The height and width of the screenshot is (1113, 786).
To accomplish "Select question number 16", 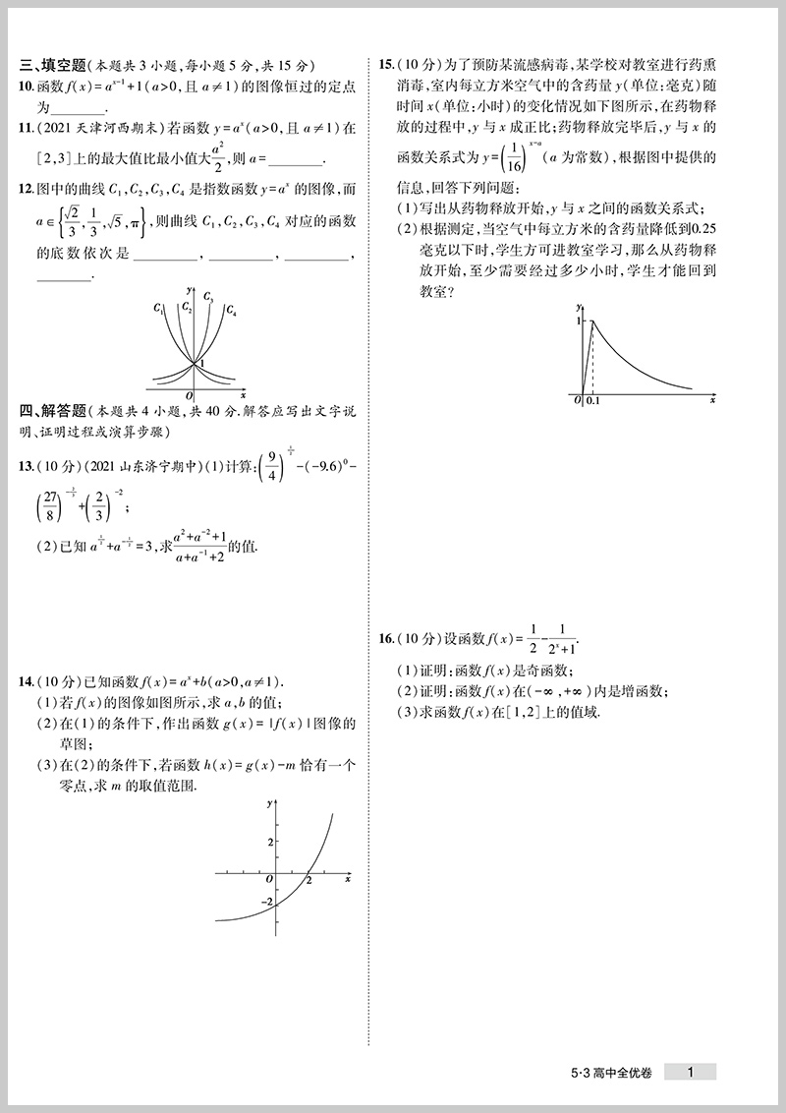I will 386,640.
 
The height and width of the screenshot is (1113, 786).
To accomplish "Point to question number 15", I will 386,66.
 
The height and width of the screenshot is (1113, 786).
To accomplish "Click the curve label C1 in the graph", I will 158,309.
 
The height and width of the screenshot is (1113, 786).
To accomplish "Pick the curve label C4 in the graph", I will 231,311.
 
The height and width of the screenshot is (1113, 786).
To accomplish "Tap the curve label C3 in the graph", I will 209,296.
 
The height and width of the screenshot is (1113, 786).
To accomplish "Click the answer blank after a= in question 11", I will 294,160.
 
